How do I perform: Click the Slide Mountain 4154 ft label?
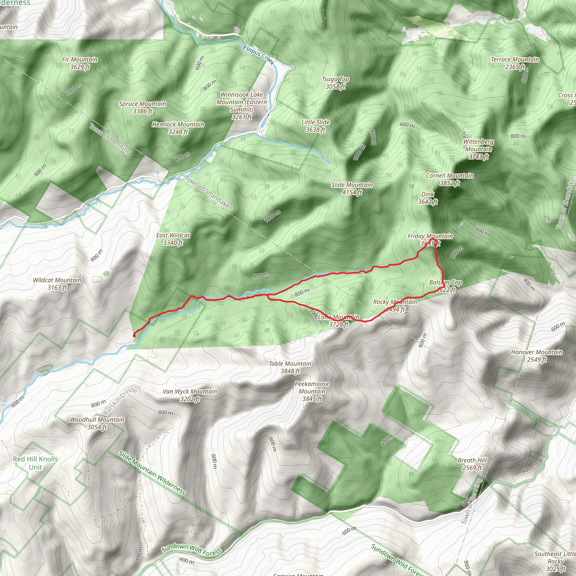(x=352, y=189)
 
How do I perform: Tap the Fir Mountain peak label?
(x=80, y=63)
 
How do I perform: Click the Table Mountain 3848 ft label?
(x=290, y=367)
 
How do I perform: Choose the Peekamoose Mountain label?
(x=312, y=391)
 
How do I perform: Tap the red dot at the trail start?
(x=134, y=336)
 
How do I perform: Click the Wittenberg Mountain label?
(x=478, y=149)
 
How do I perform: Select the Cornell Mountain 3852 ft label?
(x=450, y=179)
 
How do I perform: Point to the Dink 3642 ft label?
(x=427, y=198)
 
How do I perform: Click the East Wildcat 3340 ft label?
(x=173, y=239)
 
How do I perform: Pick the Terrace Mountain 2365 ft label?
(x=515, y=63)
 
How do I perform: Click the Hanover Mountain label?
(x=537, y=356)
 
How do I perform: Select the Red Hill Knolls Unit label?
(x=35, y=463)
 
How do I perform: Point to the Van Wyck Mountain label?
(x=190, y=395)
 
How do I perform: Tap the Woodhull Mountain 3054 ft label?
(x=97, y=423)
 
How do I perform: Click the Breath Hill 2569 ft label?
(x=472, y=464)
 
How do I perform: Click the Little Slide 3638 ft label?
(x=316, y=126)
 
